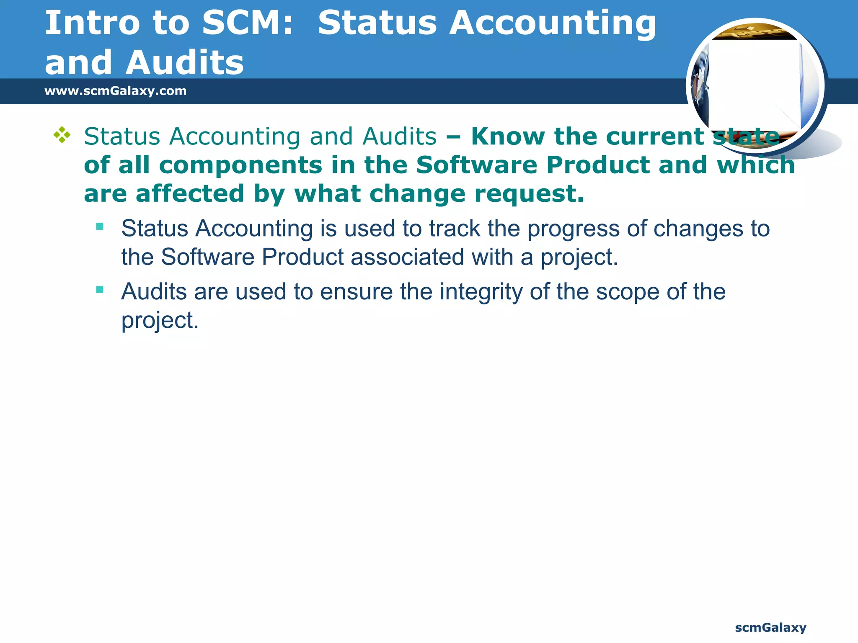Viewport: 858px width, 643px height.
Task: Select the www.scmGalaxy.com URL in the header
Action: [x=115, y=91]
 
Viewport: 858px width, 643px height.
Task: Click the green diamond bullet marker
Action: [x=62, y=135]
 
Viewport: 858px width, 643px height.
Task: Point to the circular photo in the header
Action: [x=756, y=86]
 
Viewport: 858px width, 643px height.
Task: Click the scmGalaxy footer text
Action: [x=770, y=628]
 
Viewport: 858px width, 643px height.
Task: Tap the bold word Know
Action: [x=508, y=136]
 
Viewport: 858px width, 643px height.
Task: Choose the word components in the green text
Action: [x=240, y=165]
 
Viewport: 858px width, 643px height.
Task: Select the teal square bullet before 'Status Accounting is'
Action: [x=100, y=226]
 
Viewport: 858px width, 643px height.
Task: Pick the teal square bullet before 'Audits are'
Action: [x=100, y=289]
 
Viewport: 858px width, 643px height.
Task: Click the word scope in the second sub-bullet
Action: [x=628, y=292]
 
